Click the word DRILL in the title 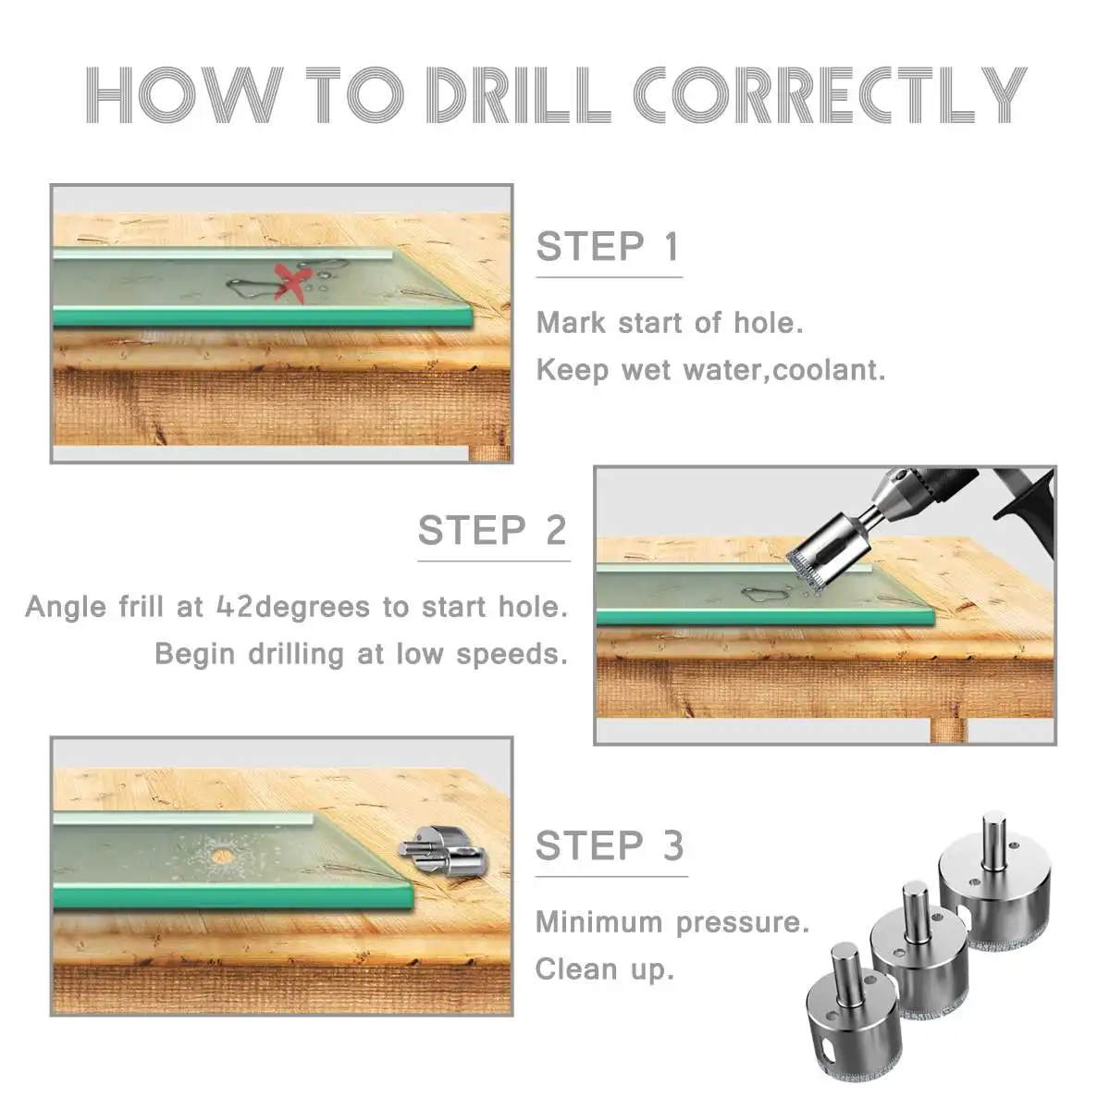pos(518,95)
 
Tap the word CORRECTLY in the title pos(830,95)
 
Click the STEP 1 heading pos(609,247)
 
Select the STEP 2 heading pos(493,530)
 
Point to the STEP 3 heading pos(610,845)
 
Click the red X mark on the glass pos(294,282)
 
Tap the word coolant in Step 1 pos(828,370)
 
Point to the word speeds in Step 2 pos(512,654)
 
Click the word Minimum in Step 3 pos(599,921)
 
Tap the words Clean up pos(604,970)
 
